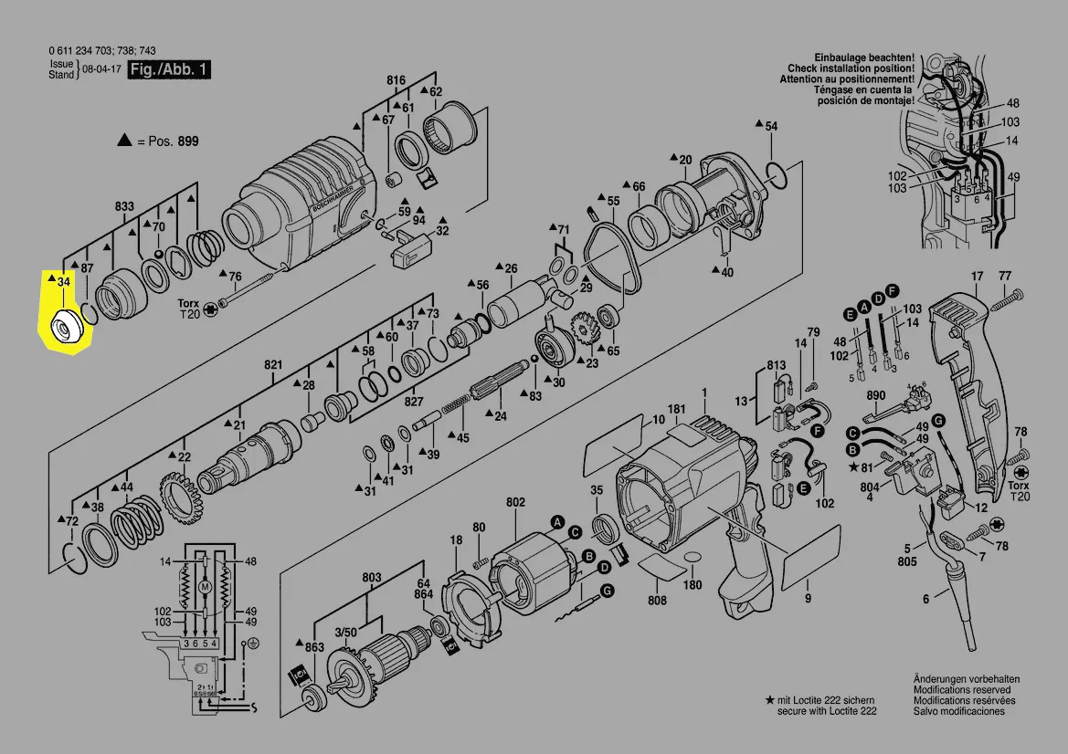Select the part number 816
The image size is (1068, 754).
click(x=395, y=80)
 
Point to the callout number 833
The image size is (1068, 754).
click(x=125, y=206)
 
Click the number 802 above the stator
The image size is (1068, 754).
click(x=515, y=502)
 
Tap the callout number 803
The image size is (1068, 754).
click(x=371, y=577)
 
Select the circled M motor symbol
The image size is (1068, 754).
click(x=205, y=585)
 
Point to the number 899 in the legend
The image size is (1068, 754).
click(x=187, y=141)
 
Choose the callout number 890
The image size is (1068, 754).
click(x=876, y=395)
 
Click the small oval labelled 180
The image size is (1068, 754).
click(x=692, y=558)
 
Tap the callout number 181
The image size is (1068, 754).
click(x=676, y=408)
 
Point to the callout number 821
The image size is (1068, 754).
click(x=274, y=364)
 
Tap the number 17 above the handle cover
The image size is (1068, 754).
click(x=977, y=276)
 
